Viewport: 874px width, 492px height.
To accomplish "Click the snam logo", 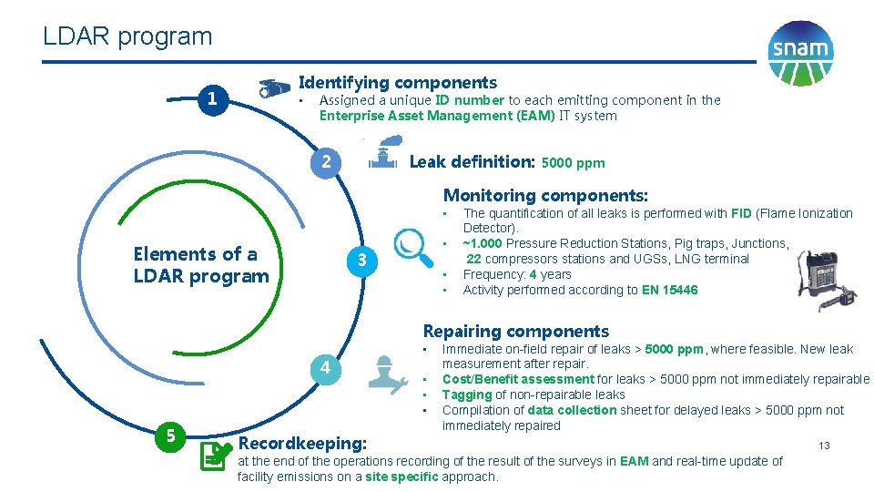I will coord(800,53).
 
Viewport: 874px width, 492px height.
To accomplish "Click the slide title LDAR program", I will coord(127,36).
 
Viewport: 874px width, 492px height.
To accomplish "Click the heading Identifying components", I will coord(398,83).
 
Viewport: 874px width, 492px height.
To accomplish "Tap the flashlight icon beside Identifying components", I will coord(275,87).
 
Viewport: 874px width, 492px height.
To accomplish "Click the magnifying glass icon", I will coord(414,247).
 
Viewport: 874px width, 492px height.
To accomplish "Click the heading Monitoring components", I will coord(545,195).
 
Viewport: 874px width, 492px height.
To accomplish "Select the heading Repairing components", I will coord(516,331).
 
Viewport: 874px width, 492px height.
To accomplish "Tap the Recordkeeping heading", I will coord(301,444).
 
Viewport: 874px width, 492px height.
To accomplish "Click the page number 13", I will coord(824,446).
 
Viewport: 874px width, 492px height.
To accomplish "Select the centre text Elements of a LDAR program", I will coord(201,264).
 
